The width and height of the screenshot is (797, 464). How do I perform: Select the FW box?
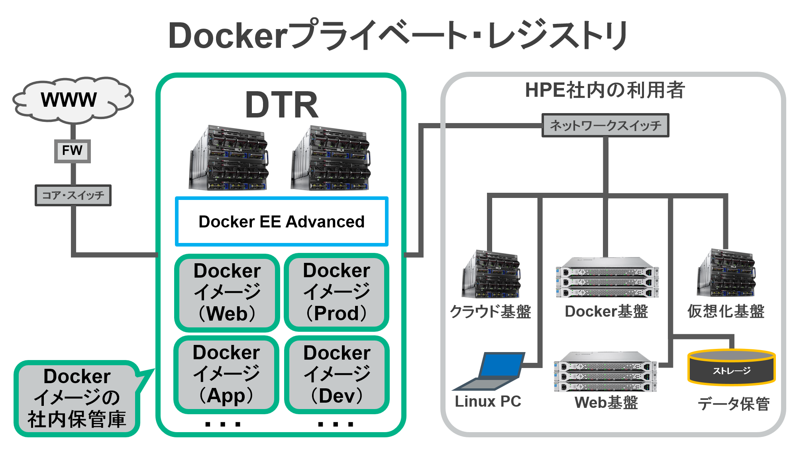pyautogui.click(x=73, y=151)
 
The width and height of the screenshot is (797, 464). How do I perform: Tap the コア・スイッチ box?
pyautogui.click(x=73, y=195)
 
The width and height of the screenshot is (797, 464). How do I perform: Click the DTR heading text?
pyautogui.click(x=281, y=105)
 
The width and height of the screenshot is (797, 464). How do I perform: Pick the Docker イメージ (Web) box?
pyautogui.click(x=227, y=292)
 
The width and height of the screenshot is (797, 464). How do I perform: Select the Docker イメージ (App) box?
pyautogui.click(x=226, y=374)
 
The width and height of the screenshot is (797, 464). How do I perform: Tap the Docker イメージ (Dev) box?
pyautogui.click(x=337, y=375)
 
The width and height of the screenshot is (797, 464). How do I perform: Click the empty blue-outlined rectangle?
pyautogui.click(x=282, y=221)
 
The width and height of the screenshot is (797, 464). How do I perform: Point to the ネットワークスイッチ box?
pyautogui.click(x=605, y=125)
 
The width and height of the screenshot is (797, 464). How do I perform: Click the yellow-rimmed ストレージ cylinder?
pyautogui.click(x=732, y=367)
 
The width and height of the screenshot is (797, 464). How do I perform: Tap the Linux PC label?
pyautogui.click(x=488, y=401)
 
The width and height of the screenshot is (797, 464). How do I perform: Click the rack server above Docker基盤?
pyautogui.click(x=607, y=278)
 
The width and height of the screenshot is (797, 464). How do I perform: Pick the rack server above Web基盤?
pyautogui.click(x=606, y=372)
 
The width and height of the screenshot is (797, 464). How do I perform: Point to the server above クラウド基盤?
pyautogui.click(x=491, y=274)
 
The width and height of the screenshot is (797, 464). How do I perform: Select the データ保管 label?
pyautogui.click(x=734, y=404)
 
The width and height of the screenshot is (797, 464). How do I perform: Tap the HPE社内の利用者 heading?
pyautogui.click(x=605, y=90)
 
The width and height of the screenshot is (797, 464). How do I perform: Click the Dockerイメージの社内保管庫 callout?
pyautogui.click(x=77, y=398)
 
